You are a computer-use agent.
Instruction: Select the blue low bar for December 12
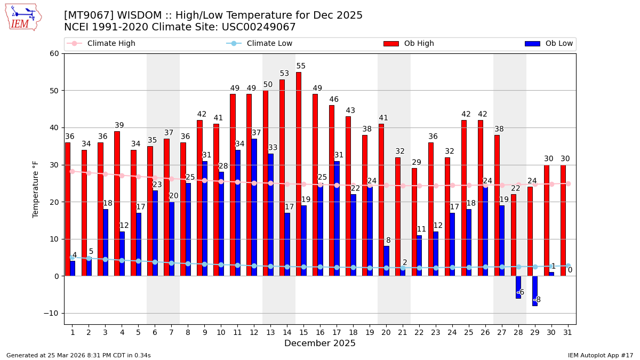pyautogui.click(x=254, y=207)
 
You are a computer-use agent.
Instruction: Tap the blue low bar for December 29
pyautogui.click(x=535, y=291)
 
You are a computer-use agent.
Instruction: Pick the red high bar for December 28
pyautogui.click(x=513, y=235)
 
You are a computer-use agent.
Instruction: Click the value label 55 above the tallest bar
pyautogui.click(x=301, y=67)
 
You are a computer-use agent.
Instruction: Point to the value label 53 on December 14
pyautogui.click(x=284, y=74)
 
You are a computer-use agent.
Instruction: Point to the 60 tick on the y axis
pyautogui.click(x=54, y=54)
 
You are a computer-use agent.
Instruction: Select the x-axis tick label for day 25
pyautogui.click(x=469, y=332)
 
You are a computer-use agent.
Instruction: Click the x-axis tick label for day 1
pyautogui.click(x=73, y=332)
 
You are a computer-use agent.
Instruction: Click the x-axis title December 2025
pyautogui.click(x=319, y=343)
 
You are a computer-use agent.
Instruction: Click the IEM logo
pyautogui.click(x=22, y=17)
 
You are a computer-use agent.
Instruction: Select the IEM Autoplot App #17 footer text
pyautogui.click(x=600, y=355)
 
